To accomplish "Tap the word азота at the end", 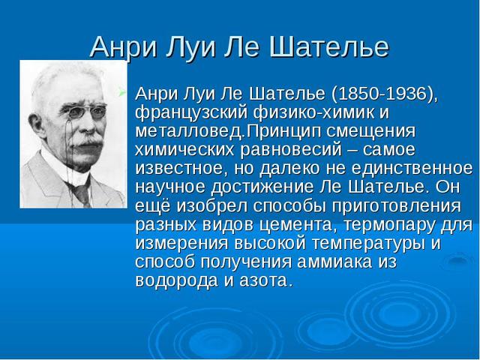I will [264, 280].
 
